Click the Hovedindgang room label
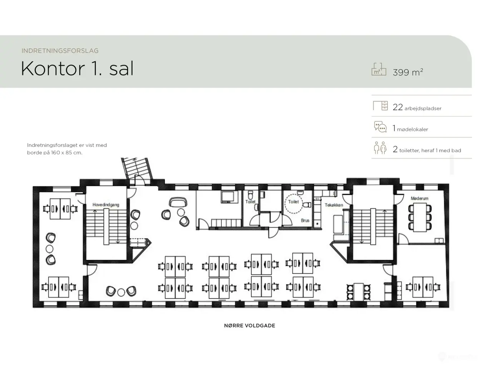pos(106,205)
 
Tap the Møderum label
pos(419,198)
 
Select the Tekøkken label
pos(334,205)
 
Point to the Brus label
pos(305,221)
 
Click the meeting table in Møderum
pos(420,217)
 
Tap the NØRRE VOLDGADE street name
pos(249,326)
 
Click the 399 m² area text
pos(408,72)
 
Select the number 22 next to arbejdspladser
pos(397,107)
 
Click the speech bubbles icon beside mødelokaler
pos(380,127)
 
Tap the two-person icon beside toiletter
pos(380,148)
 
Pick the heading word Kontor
pos(53,68)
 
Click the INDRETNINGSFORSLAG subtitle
pos(60,51)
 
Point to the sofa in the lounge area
pos(178,202)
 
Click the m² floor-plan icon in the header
pos(379,69)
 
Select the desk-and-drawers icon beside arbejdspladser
pos(381,106)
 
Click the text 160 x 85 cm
pos(66,153)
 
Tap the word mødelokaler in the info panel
pos(412,129)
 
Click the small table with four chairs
pos(358,292)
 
